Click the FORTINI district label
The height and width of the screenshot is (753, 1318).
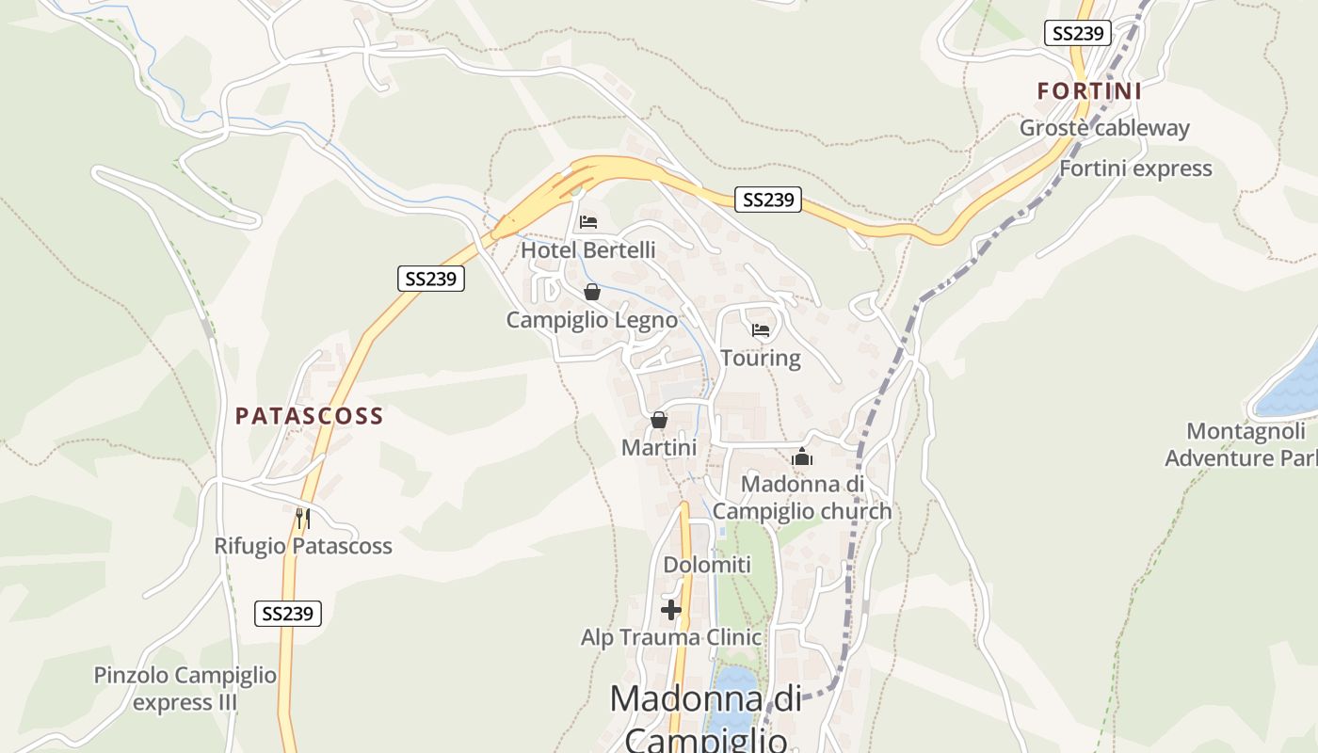click(1089, 91)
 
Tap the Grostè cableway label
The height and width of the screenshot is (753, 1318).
click(1104, 128)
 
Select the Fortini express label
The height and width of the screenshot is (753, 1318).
click(1135, 168)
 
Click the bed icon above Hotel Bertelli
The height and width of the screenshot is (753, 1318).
click(588, 222)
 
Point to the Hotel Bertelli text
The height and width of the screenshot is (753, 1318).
click(587, 250)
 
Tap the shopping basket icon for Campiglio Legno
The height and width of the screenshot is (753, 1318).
click(591, 292)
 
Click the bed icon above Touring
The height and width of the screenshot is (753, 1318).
click(761, 329)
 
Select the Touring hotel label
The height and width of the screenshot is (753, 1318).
click(761, 358)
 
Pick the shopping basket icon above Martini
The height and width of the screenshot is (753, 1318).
click(658, 420)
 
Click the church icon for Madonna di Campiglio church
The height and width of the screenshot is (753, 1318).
click(802, 457)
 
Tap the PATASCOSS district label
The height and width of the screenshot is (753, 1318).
click(309, 416)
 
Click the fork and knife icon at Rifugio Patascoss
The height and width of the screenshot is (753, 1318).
click(302, 518)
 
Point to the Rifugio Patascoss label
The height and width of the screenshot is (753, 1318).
click(302, 546)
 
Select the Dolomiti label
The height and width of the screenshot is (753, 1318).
click(707, 565)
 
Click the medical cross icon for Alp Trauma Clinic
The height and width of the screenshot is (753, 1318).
click(670, 610)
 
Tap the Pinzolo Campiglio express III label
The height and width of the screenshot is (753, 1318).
click(185, 689)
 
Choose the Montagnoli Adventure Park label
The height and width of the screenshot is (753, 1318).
click(1241, 445)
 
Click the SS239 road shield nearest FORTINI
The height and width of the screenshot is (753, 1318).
click(1077, 33)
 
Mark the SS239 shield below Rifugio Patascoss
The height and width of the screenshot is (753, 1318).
click(288, 614)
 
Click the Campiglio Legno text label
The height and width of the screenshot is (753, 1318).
click(591, 320)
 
